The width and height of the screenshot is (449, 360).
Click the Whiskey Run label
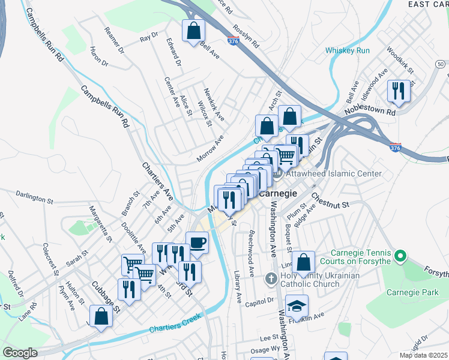click(x=348, y=50)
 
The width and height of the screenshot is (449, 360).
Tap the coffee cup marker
click(x=197, y=242)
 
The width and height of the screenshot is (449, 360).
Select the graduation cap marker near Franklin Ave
click(x=296, y=305)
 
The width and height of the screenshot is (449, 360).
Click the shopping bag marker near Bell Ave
click(x=194, y=30)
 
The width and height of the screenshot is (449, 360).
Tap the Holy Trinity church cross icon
click(x=271, y=279)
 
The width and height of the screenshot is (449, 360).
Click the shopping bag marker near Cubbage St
click(x=101, y=316)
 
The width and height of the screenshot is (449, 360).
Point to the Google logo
click(x=20, y=353)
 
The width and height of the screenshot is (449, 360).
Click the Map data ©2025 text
click(x=423, y=355)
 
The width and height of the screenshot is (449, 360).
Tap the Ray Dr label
click(x=148, y=37)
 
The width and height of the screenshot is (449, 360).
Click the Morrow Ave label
click(x=210, y=149)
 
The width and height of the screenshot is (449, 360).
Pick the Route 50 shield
click(x=441, y=64)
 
